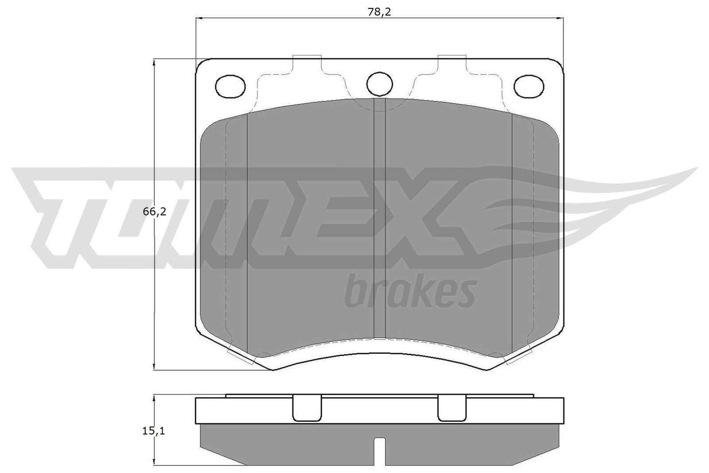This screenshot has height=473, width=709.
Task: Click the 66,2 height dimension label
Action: tap(154, 212)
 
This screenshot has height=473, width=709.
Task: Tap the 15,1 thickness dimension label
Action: tap(154, 430)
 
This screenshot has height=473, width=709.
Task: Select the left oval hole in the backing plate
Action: tap(230, 86)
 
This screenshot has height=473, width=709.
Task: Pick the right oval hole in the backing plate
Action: tap(529, 86)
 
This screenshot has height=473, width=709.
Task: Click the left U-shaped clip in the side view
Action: tap(307, 408)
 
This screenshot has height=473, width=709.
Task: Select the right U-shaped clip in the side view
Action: tap(452, 408)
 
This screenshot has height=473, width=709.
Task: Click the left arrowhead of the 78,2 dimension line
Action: tap(199, 18)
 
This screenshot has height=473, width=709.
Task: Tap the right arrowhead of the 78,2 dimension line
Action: tap(560, 18)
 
